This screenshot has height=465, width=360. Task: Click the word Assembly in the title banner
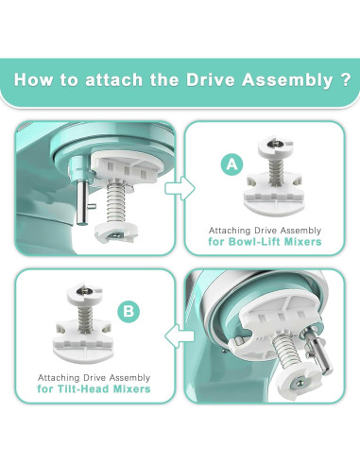[269, 78]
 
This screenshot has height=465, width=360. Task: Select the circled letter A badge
[229, 164]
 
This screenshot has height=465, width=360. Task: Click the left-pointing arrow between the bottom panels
[172, 333]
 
